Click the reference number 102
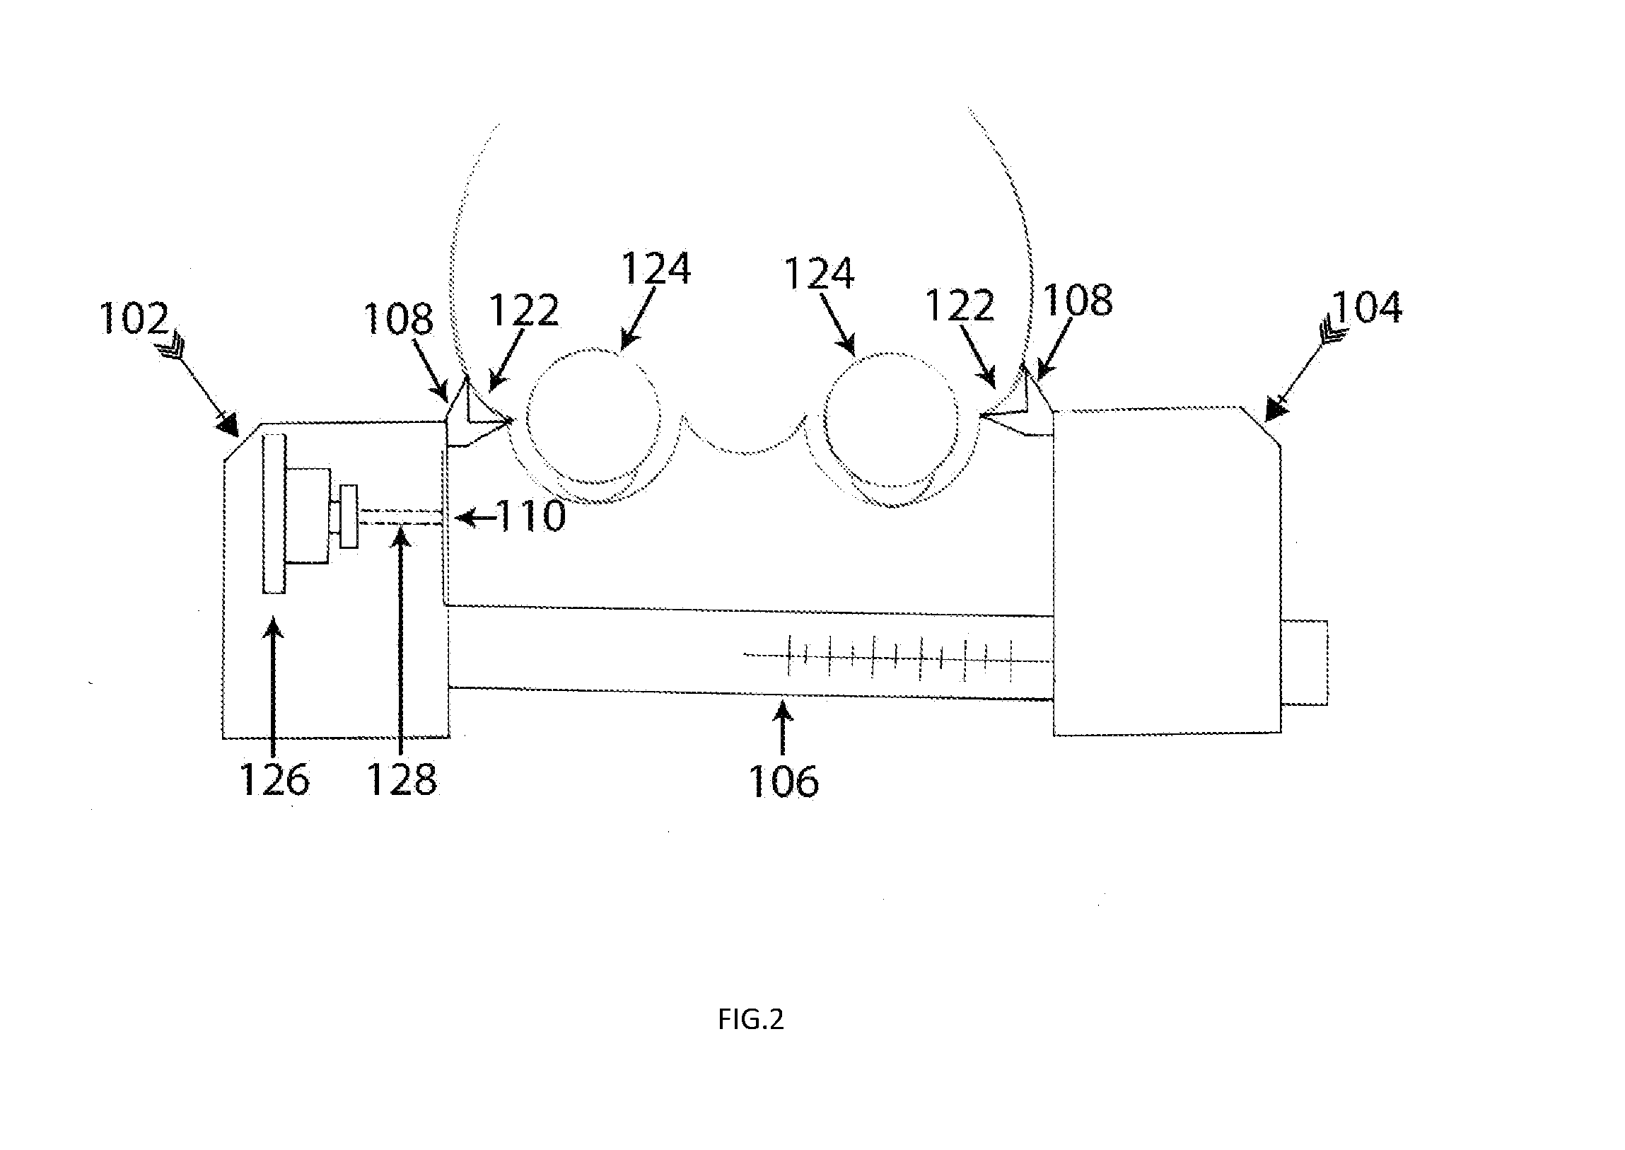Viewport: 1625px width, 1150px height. click(x=134, y=318)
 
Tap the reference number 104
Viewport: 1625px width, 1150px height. click(x=1367, y=308)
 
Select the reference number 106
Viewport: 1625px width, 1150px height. click(x=784, y=782)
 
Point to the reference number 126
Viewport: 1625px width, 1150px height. click(x=275, y=779)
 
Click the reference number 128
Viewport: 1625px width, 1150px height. click(x=402, y=779)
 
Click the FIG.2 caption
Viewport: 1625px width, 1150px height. click(x=750, y=1019)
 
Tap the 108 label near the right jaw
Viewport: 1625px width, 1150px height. click(x=1078, y=301)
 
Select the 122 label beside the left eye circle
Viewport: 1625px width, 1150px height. click(x=524, y=310)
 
